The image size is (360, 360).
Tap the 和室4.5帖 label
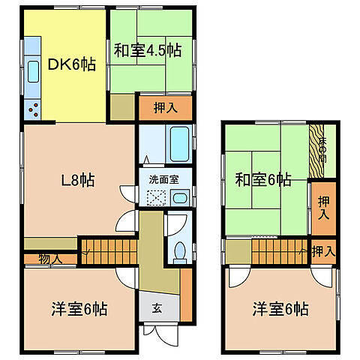[x=147, y=51]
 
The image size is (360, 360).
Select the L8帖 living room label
[x=76, y=180]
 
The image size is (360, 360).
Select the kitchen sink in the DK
[x=33, y=72]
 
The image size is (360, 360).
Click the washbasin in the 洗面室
[x=179, y=198]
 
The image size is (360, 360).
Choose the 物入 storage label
[x=41, y=259]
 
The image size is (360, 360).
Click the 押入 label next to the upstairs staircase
[x=324, y=250]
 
